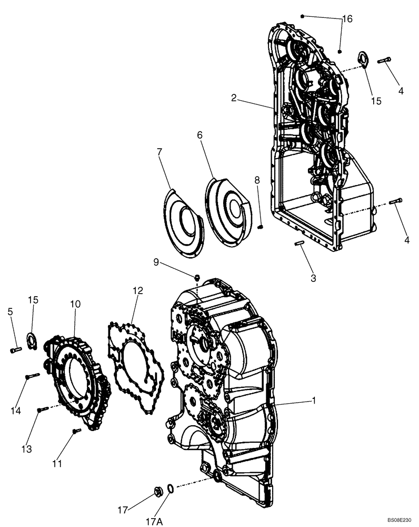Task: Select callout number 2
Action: point(233,97)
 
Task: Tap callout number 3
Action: point(313,277)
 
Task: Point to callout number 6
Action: point(199,135)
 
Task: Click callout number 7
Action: point(159,152)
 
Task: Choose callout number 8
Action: point(257,180)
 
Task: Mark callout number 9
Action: point(156,261)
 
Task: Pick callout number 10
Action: point(75,304)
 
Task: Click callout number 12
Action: point(137,290)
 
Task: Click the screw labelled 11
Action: point(76,431)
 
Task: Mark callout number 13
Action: point(26,449)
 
